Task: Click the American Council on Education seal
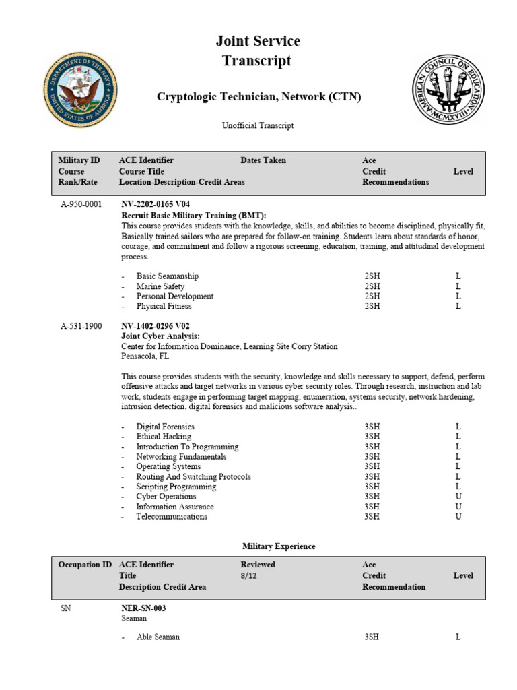[448, 90]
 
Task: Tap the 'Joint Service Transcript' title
[258, 51]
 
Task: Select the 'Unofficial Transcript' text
[258, 125]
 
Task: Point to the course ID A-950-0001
[81, 203]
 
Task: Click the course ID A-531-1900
[81, 326]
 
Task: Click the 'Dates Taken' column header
[263, 160]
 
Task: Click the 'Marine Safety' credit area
[160, 286]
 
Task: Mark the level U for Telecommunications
[458, 517]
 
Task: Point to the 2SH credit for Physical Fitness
[372, 306]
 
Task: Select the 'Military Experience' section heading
[269, 546]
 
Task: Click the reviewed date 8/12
[249, 575]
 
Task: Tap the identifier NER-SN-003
[143, 608]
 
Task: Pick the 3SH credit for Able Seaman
[372, 637]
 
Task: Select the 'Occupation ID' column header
[85, 565]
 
